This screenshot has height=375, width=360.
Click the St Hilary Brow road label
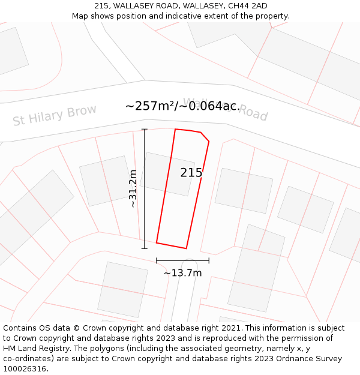pos(55,116)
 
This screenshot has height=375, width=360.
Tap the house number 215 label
pos(191,173)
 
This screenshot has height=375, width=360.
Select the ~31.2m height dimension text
pos(133,188)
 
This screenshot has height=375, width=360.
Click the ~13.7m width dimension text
pos(182,273)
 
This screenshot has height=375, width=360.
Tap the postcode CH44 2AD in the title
pos(244,6)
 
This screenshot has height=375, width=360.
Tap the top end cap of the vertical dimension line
pos(144,129)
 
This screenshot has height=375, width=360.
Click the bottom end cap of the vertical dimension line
pos(144,248)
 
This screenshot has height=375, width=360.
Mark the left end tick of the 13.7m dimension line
pos(157,260)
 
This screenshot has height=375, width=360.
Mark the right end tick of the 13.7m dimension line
pos(209,260)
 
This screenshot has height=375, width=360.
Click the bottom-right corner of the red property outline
pos(186,248)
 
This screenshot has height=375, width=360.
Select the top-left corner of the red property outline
pos(175,129)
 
